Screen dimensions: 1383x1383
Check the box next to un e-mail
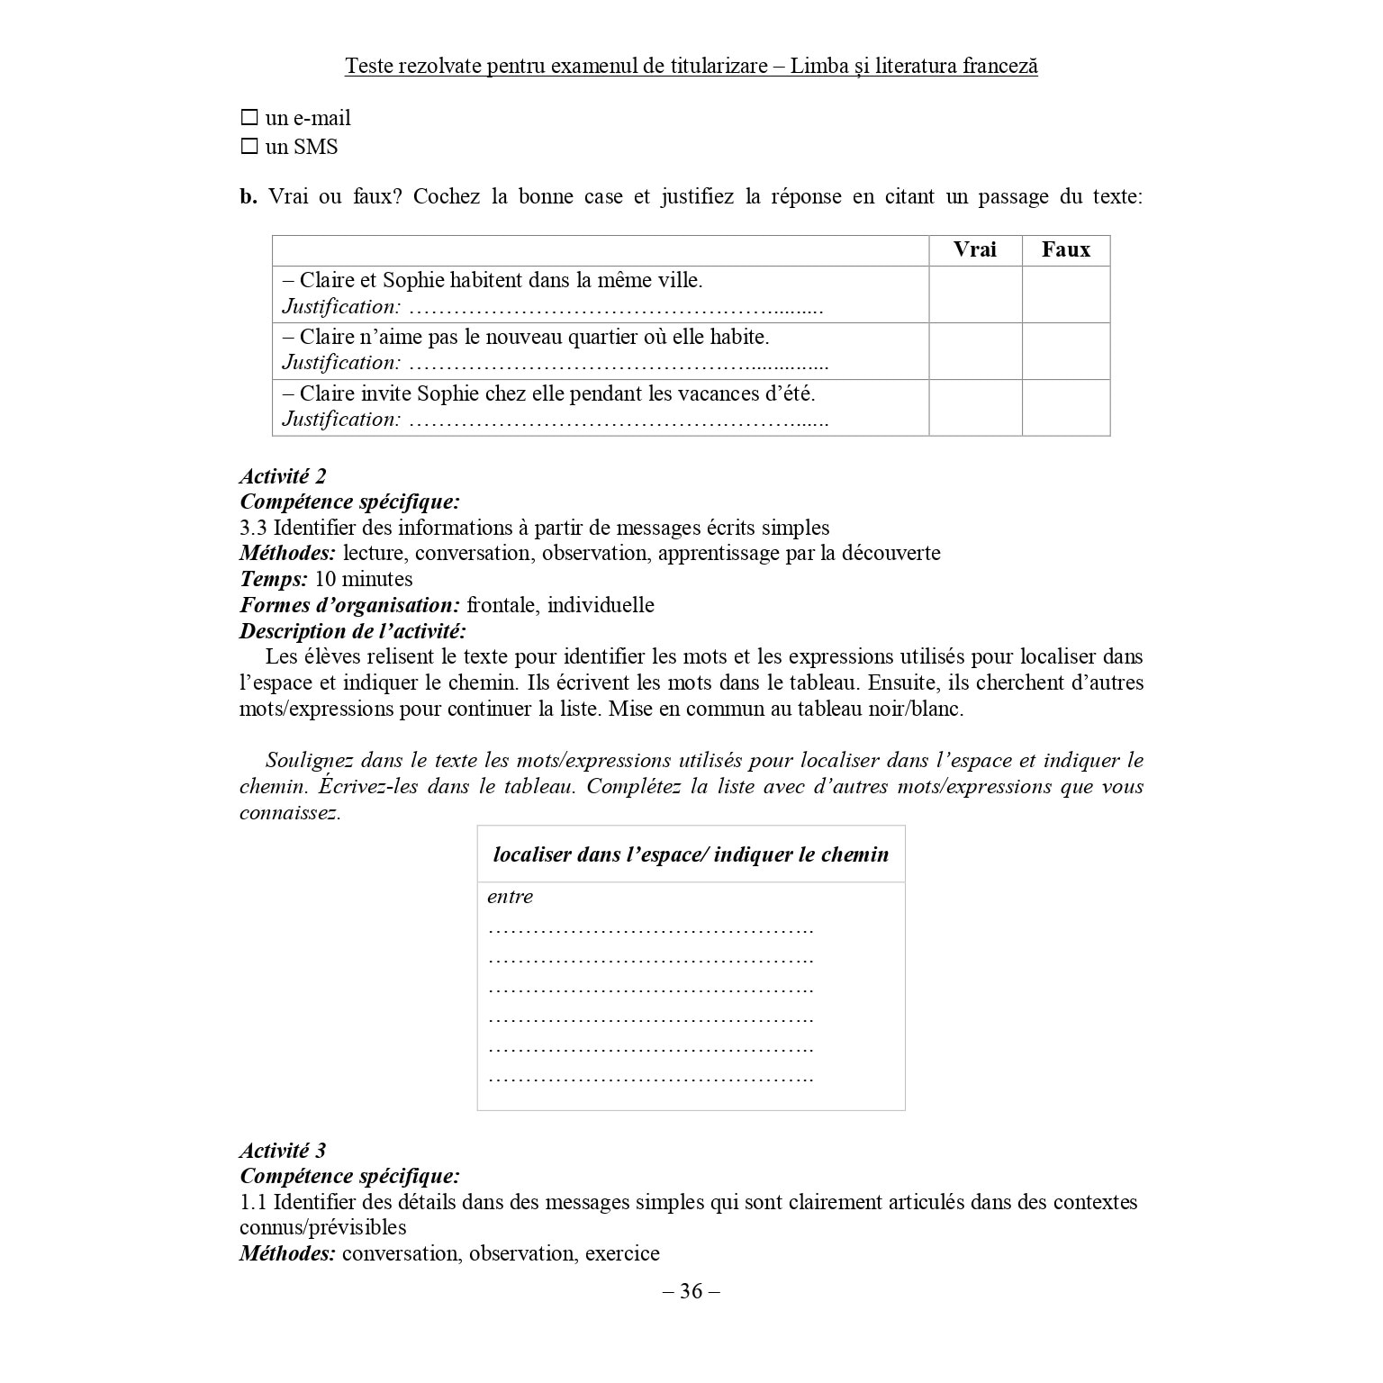(x=249, y=118)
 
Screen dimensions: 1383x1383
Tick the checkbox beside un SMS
(x=249, y=147)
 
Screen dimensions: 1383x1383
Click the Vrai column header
(x=974, y=250)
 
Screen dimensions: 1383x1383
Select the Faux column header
(x=1065, y=250)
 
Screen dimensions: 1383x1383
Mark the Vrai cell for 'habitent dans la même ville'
(x=974, y=294)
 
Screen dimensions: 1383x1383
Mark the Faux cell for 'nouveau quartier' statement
(x=1065, y=351)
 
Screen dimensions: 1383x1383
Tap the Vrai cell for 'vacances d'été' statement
(x=974, y=408)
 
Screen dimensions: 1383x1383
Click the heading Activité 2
(x=283, y=476)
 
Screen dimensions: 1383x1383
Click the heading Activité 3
(x=283, y=1151)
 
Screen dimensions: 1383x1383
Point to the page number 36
(x=691, y=1291)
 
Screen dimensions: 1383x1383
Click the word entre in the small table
(x=510, y=897)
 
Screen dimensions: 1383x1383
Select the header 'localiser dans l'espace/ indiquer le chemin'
(x=691, y=854)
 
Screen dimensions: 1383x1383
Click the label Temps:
(x=274, y=579)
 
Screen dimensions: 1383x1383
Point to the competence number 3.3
(x=253, y=528)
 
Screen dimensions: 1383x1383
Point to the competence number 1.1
(x=253, y=1202)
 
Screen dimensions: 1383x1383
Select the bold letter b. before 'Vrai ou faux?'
(x=249, y=197)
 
